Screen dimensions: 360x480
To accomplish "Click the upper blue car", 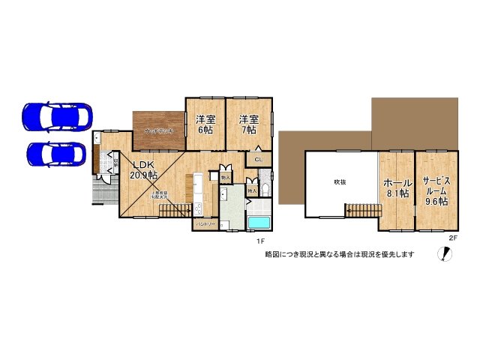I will click(57, 115).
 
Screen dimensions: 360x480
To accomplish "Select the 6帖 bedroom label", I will click(205, 124).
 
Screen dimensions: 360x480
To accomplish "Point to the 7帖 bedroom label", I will click(248, 124).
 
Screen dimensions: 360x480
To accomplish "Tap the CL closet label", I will click(259, 160).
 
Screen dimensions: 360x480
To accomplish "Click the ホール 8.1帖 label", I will click(396, 187).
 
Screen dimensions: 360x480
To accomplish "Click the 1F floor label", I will click(260, 241).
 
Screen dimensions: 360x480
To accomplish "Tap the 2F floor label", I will click(452, 238).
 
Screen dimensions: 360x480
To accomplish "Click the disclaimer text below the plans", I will click(340, 254).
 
